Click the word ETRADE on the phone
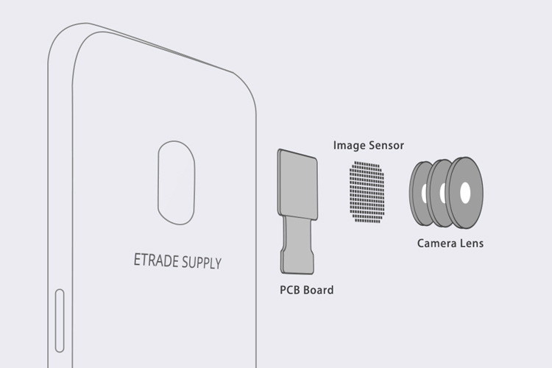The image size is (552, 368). [x=156, y=261]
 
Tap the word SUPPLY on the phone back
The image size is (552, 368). [x=202, y=262]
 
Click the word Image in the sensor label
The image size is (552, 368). [x=347, y=146]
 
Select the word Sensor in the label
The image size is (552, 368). [x=384, y=146]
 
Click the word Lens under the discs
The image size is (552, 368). [x=471, y=243]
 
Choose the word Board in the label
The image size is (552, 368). [x=318, y=290]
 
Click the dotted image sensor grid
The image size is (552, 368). [x=367, y=191]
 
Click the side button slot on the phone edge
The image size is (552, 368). [x=60, y=320]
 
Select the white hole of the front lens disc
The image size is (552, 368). [x=465, y=193]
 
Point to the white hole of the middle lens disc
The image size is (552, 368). [x=442, y=193]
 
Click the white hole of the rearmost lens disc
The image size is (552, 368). [x=424, y=194]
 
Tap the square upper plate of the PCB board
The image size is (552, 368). [x=297, y=184]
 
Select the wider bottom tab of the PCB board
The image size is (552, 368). [x=297, y=261]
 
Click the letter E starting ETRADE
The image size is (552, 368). [x=137, y=259]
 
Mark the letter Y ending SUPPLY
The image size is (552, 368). [x=219, y=263]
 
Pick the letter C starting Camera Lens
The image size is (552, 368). [x=421, y=243]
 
